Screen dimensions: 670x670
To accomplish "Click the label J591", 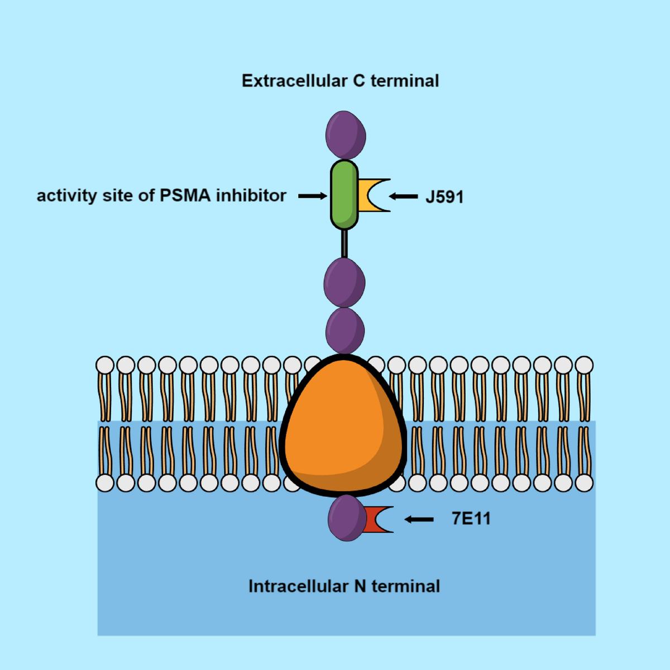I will point(444,197).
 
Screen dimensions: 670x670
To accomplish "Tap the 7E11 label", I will point(471,519).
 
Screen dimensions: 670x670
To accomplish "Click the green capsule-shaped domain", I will point(344,195).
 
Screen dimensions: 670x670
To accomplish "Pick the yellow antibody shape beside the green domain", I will point(368,195).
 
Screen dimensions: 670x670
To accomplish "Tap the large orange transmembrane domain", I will point(342,427).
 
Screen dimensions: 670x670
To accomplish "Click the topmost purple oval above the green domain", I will point(346,135).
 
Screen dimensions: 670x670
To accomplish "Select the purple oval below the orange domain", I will point(346,518).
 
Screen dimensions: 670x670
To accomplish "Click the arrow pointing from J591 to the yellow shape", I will point(403,196).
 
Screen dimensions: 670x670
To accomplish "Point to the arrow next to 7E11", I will point(419,519).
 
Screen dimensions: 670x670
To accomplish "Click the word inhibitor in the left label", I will point(251,195).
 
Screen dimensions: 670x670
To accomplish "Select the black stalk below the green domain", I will point(344,243).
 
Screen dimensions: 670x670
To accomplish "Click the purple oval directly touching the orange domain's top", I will point(345,331).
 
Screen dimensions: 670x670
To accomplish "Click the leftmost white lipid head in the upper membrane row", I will point(105,366).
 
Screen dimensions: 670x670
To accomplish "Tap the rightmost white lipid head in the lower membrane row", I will point(584,483).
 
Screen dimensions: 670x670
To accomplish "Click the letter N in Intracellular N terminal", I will point(360,587).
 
